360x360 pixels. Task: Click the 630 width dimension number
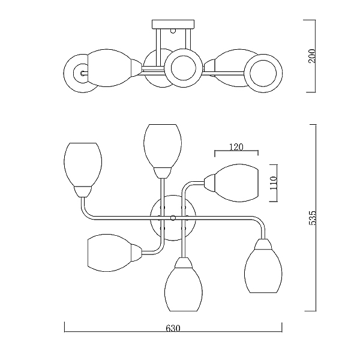click(x=173, y=329)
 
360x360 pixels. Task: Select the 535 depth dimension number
click(x=312, y=218)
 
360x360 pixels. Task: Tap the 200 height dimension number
click(x=312, y=56)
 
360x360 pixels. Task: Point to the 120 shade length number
click(x=236, y=147)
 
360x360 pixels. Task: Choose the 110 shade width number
click(x=274, y=183)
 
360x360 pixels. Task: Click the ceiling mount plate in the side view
click(x=173, y=24)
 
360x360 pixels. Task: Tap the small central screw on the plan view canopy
click(x=173, y=218)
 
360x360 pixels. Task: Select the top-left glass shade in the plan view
click(x=83, y=164)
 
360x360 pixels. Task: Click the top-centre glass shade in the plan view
click(x=163, y=146)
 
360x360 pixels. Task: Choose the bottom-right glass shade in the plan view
click(x=263, y=271)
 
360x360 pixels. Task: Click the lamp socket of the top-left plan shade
click(x=83, y=191)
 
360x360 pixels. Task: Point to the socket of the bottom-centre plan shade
click(x=184, y=263)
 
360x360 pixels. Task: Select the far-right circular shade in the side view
click(x=263, y=73)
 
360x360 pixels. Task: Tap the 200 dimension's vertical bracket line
click(x=315, y=56)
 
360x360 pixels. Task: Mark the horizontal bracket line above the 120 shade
click(x=236, y=151)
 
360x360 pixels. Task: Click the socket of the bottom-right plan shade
click(x=263, y=245)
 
